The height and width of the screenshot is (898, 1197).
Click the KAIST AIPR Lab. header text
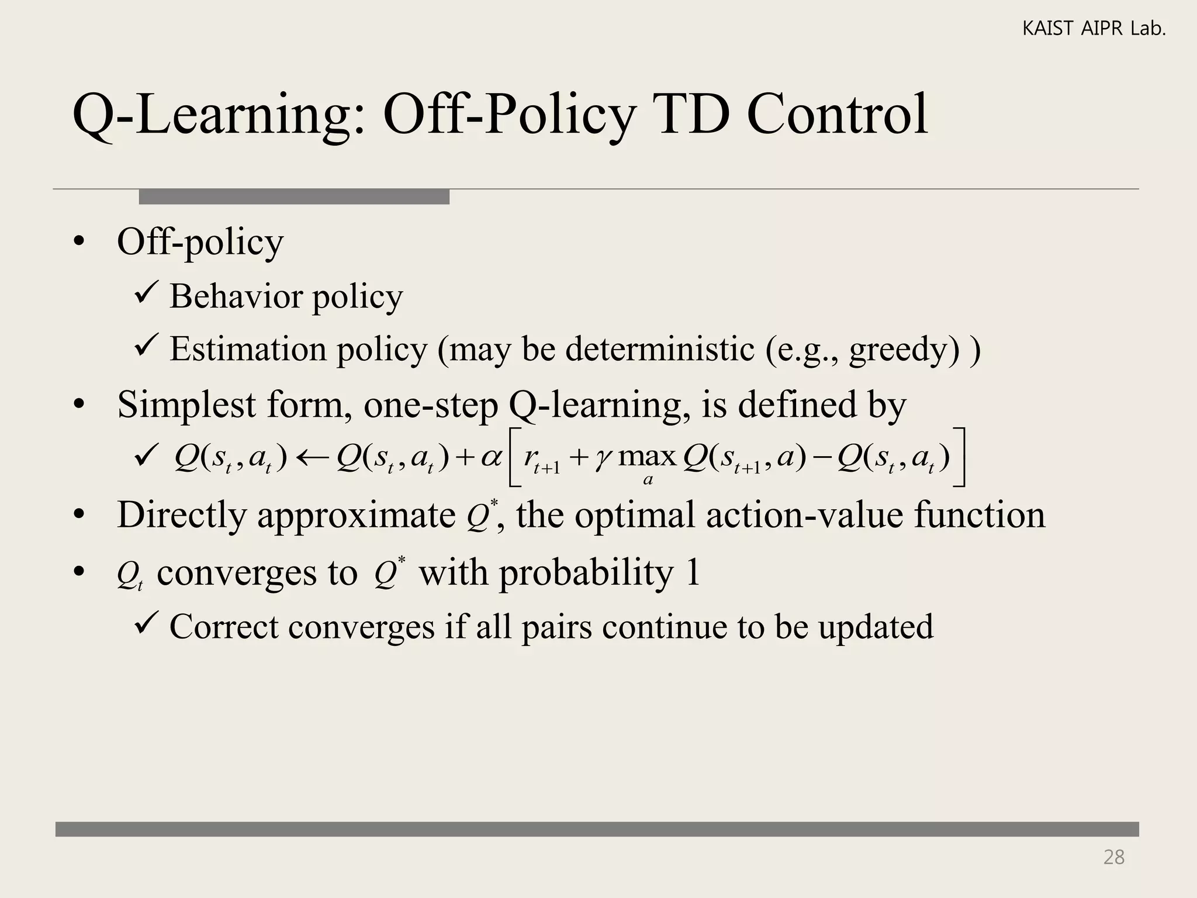tap(1094, 29)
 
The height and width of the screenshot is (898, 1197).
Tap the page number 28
tap(1113, 857)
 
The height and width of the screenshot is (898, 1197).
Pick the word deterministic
tap(660, 349)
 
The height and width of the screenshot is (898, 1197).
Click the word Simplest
tap(186, 404)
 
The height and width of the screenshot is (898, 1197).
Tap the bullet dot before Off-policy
tap(79, 242)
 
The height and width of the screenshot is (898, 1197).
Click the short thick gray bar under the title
tap(294, 197)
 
